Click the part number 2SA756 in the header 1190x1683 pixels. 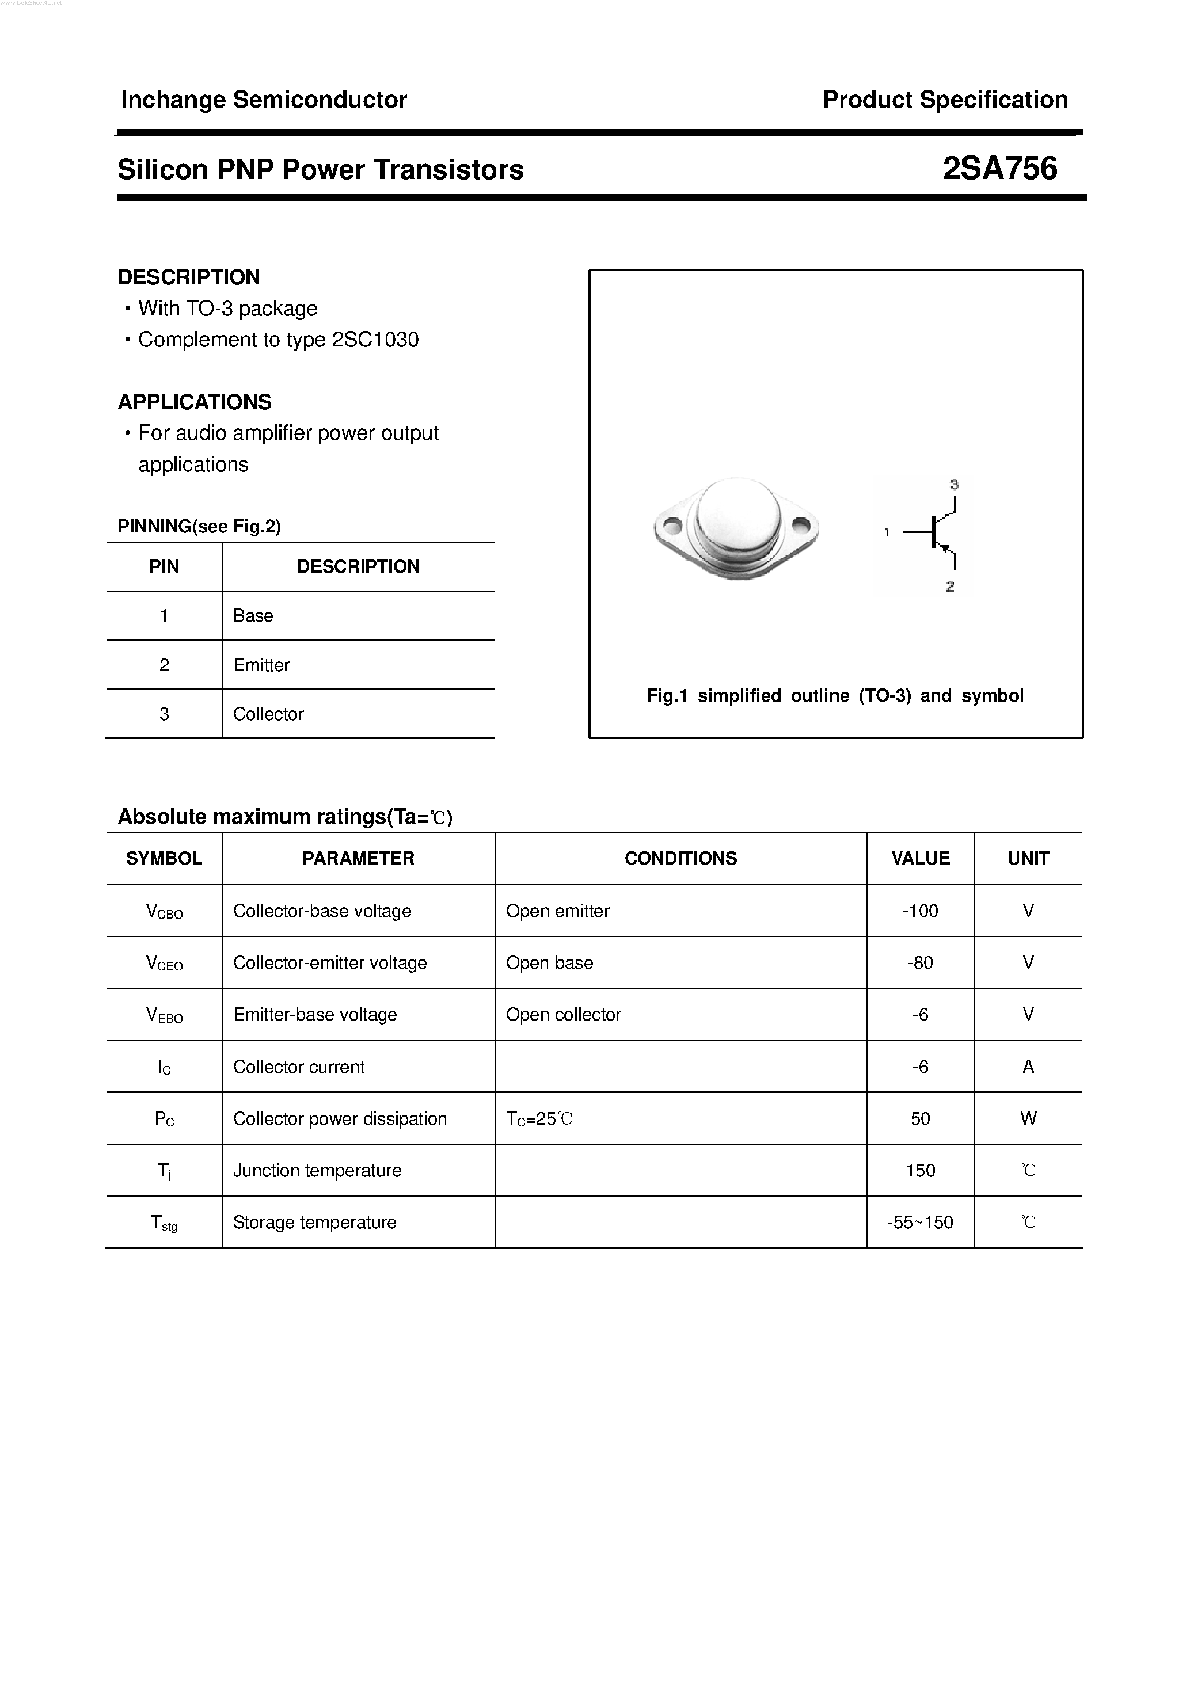coord(999,169)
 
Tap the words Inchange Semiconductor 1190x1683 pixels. coord(264,100)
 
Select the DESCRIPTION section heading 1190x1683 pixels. coord(189,277)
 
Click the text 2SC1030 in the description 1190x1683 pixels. coord(375,340)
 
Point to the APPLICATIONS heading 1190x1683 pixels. coord(195,402)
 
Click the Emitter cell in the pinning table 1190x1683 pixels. coord(262,665)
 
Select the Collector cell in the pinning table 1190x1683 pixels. coord(268,714)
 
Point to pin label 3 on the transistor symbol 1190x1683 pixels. coord(954,485)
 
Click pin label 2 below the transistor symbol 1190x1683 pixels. coord(951,587)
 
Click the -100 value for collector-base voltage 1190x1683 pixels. coord(920,911)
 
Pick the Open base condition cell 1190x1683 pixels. coord(550,962)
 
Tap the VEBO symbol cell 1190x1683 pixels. coord(164,1015)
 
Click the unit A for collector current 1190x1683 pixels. coord(1028,1067)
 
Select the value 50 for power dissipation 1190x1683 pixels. coord(920,1118)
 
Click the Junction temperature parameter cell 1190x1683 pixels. coord(317,1171)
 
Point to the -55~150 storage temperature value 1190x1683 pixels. coord(920,1223)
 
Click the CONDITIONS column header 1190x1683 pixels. coord(680,858)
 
